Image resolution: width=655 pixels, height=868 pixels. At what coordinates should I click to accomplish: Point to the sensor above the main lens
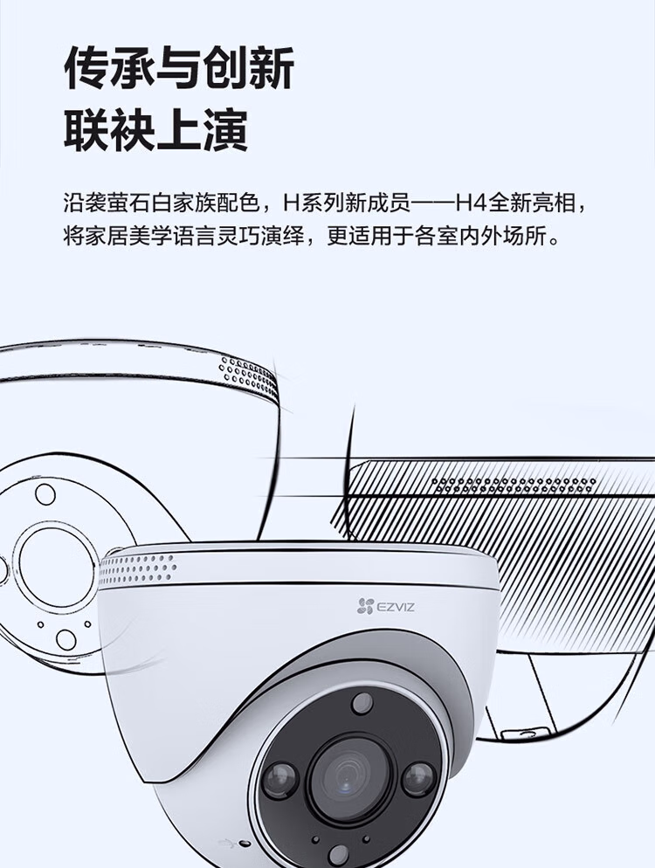pos(362,703)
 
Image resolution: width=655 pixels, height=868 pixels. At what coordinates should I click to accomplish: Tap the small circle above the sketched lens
pos(45,494)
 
